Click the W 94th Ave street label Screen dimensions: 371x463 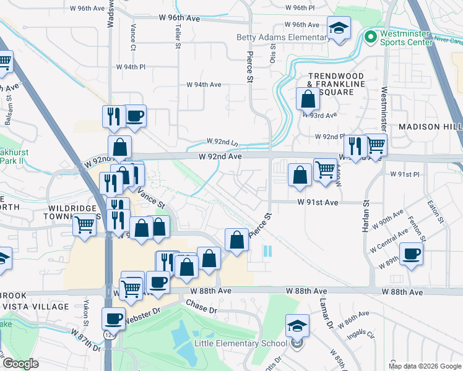click(204, 85)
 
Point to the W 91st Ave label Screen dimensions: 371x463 click(318, 202)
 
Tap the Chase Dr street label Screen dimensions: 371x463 click(199, 306)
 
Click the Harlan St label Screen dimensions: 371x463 click(366, 215)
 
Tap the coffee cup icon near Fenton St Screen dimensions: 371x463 click(411, 254)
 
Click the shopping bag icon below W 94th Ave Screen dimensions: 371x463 click(308, 99)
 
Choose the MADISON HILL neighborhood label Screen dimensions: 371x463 click(430, 126)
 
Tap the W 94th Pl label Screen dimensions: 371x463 click(130, 67)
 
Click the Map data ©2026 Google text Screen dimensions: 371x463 click(425, 366)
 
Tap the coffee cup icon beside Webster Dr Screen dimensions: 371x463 click(113, 320)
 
